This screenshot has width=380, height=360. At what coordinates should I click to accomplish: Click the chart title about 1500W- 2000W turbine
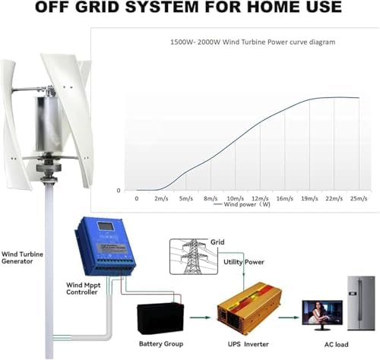[x=241, y=43]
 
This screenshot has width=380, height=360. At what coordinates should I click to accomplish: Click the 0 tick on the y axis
[x=119, y=190]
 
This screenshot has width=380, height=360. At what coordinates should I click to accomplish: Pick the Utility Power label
[x=243, y=261]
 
